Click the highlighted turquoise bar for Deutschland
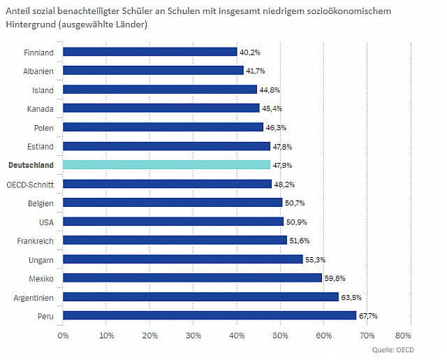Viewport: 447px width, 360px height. [x=166, y=165]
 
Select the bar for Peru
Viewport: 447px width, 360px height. [x=210, y=315]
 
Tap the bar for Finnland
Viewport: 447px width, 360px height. [x=149, y=52]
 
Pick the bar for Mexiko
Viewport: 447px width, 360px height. [x=192, y=278]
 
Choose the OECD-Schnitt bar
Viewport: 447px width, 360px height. [x=167, y=184]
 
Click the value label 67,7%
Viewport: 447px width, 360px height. [x=368, y=316]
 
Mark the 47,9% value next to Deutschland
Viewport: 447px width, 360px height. [x=282, y=165]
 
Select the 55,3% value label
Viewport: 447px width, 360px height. [x=314, y=259]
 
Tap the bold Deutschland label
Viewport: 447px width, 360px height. [x=31, y=165]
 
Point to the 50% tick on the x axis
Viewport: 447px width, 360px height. [x=280, y=335]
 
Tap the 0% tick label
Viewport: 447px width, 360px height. [x=63, y=335]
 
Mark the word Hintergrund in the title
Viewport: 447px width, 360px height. [x=29, y=24]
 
